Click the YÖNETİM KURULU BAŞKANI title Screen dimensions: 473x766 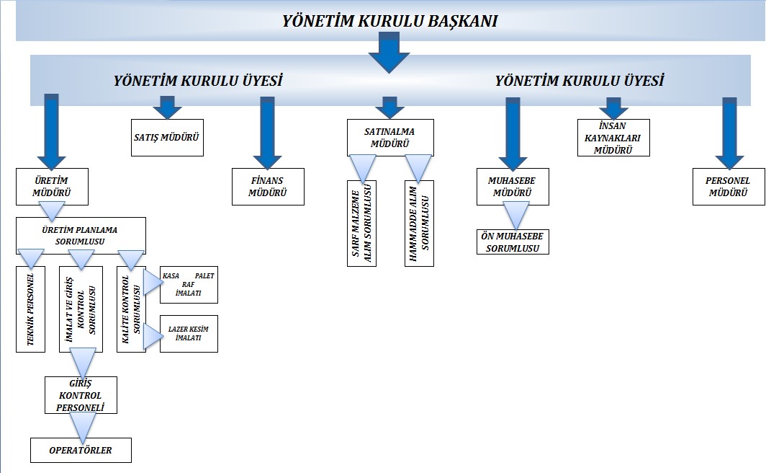(389, 21)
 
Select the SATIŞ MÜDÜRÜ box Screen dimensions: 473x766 (167, 137)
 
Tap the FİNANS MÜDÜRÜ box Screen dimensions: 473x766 (268, 186)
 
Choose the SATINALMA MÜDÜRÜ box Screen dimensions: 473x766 (390, 137)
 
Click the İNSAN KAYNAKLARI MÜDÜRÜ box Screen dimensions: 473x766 (613, 137)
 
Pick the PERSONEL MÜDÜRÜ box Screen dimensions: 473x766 (729, 186)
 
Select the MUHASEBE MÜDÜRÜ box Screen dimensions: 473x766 (513, 186)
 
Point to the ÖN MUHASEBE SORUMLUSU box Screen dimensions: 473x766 (513, 242)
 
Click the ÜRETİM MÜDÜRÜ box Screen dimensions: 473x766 (52, 186)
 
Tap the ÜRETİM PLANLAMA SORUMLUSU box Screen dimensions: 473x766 (81, 234)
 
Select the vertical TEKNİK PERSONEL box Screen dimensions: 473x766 (31, 309)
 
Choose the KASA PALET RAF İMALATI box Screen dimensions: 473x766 (189, 285)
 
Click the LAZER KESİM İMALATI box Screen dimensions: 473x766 (189, 333)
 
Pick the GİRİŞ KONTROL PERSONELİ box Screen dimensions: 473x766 (81, 395)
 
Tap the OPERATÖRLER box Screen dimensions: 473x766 (81, 450)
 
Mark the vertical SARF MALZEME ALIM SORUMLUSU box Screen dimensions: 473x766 (361, 223)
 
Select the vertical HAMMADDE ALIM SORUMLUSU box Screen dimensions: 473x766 (419, 223)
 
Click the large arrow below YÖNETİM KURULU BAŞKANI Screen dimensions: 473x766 (389, 54)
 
